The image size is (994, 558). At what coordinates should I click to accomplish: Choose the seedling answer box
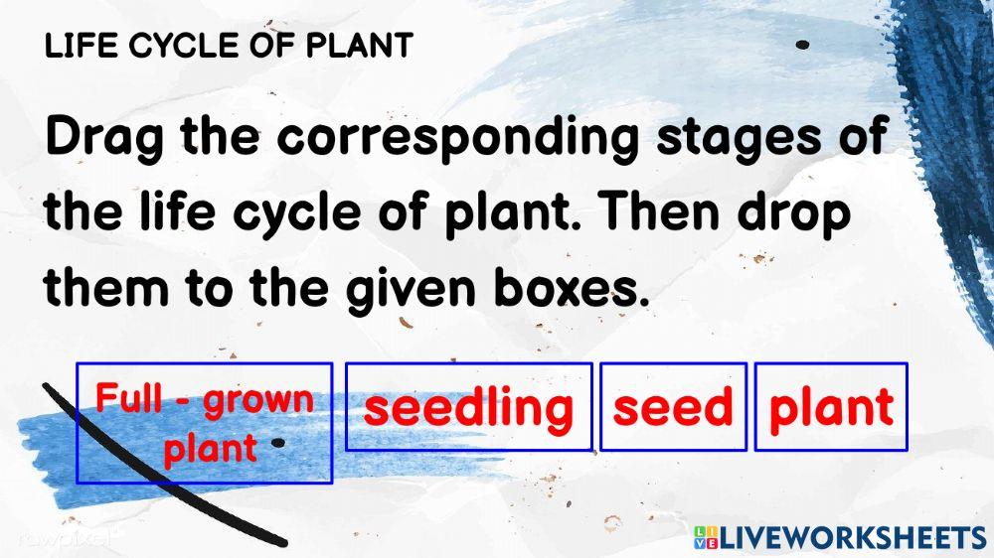tap(468, 407)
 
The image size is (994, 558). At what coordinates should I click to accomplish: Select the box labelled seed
tap(673, 407)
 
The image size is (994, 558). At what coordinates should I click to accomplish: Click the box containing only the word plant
tap(831, 407)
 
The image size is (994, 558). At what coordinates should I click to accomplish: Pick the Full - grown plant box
tap(204, 423)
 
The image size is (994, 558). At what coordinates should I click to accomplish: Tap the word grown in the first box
tap(258, 400)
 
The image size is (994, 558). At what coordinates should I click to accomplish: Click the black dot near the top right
tap(802, 45)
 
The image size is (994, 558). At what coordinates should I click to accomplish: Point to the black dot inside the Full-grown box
tap(279, 442)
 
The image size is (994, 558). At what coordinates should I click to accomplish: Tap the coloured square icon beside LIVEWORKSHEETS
tap(705, 538)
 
